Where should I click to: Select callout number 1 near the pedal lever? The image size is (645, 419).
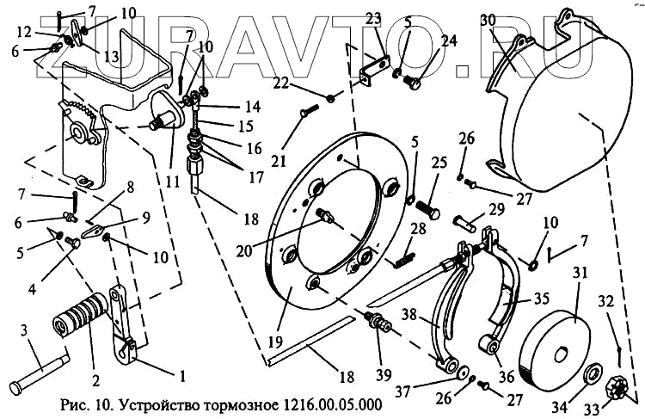tap(181, 374)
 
